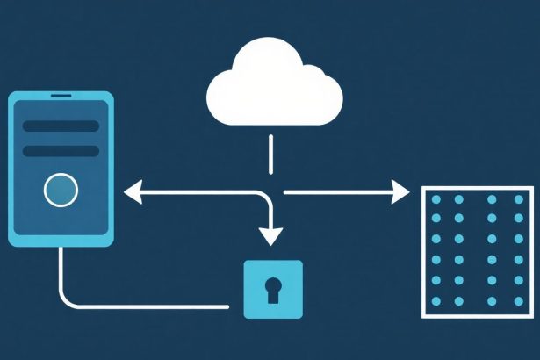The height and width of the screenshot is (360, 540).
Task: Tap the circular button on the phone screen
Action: click(x=60, y=190)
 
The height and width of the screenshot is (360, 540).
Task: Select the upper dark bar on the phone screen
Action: click(x=60, y=126)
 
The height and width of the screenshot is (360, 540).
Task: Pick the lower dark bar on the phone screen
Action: click(x=60, y=151)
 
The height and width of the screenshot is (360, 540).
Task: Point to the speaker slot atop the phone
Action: click(x=60, y=95)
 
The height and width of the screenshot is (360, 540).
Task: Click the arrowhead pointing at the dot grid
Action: click(x=401, y=191)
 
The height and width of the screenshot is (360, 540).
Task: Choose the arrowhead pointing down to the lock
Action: click(x=272, y=235)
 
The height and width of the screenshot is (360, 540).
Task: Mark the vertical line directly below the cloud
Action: click(x=272, y=155)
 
